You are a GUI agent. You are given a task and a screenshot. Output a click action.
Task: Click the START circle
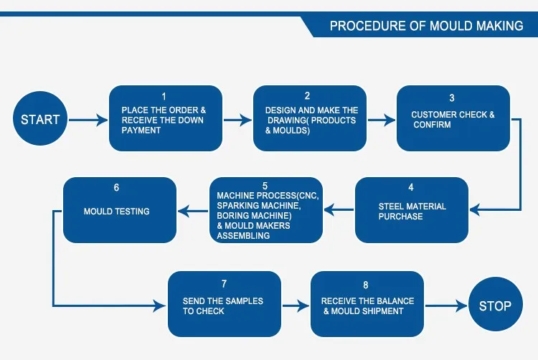(40, 118)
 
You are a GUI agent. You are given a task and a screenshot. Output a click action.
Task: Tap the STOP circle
(496, 305)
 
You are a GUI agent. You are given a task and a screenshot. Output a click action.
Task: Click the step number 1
(164, 97)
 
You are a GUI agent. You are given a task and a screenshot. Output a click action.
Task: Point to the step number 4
(411, 187)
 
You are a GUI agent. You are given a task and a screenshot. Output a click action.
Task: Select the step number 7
(224, 284)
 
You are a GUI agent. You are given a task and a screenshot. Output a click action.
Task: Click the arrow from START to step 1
(88, 120)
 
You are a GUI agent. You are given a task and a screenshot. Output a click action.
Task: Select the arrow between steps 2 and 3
(382, 120)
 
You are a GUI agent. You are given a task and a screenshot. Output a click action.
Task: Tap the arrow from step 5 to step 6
(193, 211)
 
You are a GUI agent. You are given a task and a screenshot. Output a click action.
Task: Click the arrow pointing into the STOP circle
(446, 305)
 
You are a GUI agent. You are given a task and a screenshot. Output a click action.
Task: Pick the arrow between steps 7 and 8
(296, 305)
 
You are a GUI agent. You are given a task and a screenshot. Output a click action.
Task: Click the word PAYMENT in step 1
(141, 131)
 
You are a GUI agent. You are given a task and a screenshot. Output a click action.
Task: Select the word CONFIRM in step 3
(432, 125)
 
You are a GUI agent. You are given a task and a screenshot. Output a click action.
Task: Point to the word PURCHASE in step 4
(400, 217)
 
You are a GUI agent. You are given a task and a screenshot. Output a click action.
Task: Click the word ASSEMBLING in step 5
(243, 235)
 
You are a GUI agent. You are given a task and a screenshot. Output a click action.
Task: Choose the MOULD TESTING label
(117, 212)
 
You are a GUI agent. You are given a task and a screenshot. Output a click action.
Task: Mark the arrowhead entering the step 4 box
(475, 210)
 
